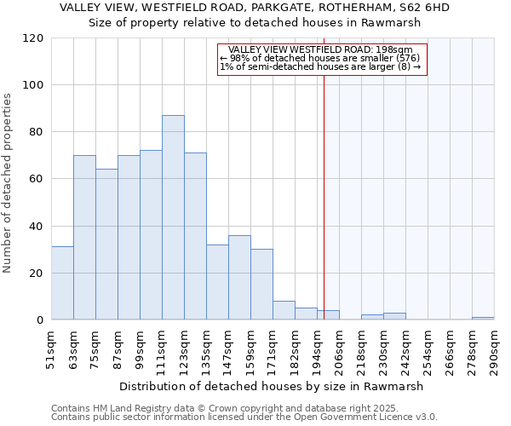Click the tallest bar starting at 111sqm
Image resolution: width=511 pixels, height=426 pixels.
tap(173, 217)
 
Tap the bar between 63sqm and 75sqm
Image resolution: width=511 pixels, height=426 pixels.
tap(84, 238)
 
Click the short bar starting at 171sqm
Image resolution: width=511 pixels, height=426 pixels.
tap(284, 311)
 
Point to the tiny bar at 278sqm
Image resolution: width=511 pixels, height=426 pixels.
tap(483, 319)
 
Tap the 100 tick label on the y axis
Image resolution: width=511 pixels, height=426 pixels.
tap(33, 85)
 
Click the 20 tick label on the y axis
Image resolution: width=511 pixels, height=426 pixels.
tap(37, 273)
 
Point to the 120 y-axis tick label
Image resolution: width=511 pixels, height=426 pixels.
tap(33, 38)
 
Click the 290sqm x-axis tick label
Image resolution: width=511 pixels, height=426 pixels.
tap(495, 350)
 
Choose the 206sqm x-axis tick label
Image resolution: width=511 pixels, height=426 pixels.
tap(340, 350)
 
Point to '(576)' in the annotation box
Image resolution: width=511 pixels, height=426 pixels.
tap(407, 58)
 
